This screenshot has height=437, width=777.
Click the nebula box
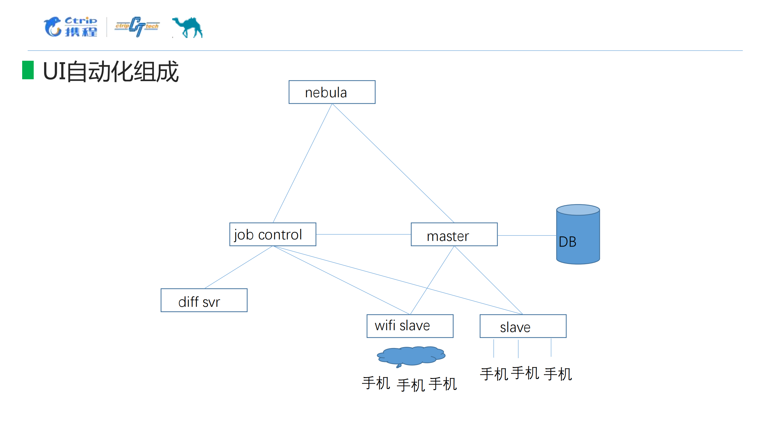point(332,92)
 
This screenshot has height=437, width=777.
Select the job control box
point(273,234)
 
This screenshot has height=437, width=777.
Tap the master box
point(454,234)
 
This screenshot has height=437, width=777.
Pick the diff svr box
point(204,300)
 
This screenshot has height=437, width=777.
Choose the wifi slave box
point(410,326)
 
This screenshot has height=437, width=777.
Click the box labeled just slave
point(523,326)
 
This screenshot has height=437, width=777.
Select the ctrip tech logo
point(137,27)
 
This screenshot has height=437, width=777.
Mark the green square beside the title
point(28,70)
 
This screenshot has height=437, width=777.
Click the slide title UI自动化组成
point(111,72)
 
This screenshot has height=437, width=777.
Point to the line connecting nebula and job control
point(302,163)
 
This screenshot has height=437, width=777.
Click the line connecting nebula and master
point(393,163)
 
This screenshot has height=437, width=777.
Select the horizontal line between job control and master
point(363,234)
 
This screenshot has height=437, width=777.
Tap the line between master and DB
point(527,235)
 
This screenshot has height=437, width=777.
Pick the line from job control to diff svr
point(239,267)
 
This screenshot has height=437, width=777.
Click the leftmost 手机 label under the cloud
point(376,383)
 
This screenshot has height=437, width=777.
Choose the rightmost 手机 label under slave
point(558,374)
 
